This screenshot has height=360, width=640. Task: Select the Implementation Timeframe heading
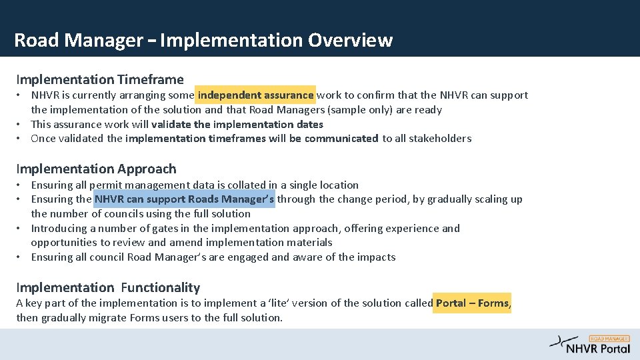point(100,80)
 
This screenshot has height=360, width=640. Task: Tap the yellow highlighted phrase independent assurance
point(255,95)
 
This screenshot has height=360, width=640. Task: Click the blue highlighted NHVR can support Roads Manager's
point(185,199)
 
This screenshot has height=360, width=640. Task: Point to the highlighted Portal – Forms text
point(472,303)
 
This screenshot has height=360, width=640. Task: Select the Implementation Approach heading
point(96,169)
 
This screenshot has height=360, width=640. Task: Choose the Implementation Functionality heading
point(108,287)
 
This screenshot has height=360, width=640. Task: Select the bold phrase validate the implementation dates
point(237,125)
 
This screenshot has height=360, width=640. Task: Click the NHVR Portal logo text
point(598,348)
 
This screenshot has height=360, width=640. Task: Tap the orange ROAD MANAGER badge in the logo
point(609,339)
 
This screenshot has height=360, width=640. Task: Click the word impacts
point(376,257)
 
